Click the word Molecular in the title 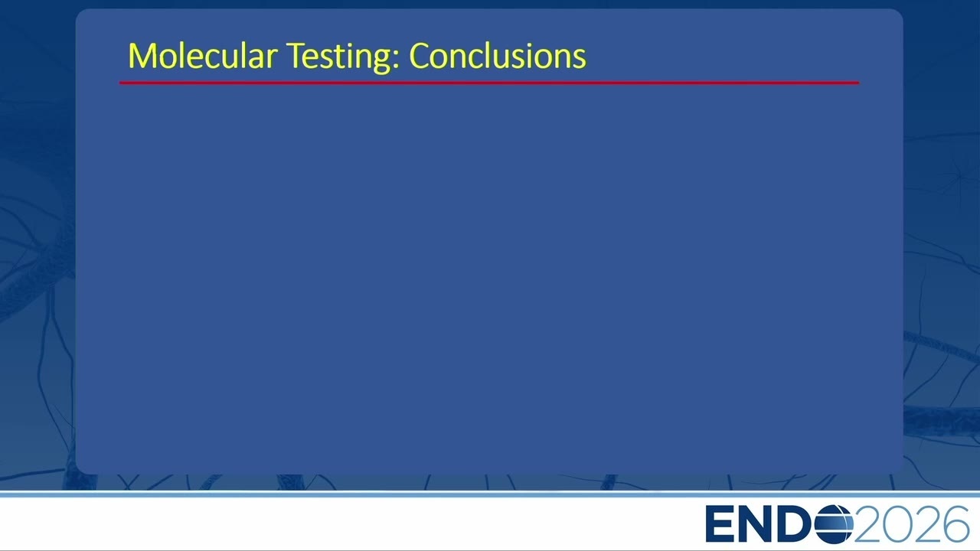click(x=203, y=56)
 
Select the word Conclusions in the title click(x=498, y=56)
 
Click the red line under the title click(x=489, y=82)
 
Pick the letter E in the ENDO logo click(x=720, y=524)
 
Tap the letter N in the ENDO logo click(x=758, y=524)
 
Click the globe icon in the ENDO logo click(x=834, y=524)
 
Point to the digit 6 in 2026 click(x=955, y=524)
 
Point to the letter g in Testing click(x=381, y=62)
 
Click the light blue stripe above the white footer click(x=490, y=494)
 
